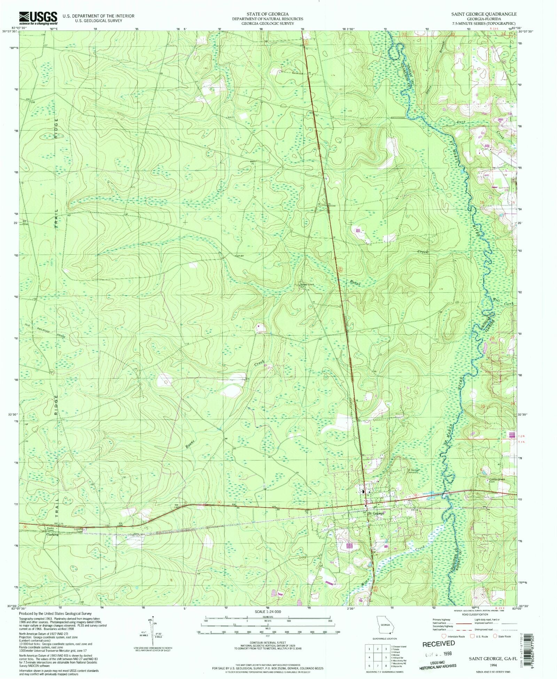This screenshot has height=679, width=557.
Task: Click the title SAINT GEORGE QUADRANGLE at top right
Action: (x=484, y=14)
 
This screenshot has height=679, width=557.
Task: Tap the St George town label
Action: (x=376, y=513)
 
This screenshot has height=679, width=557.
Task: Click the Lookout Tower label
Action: (x=79, y=530)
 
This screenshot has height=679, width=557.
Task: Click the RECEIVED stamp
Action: (x=438, y=643)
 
